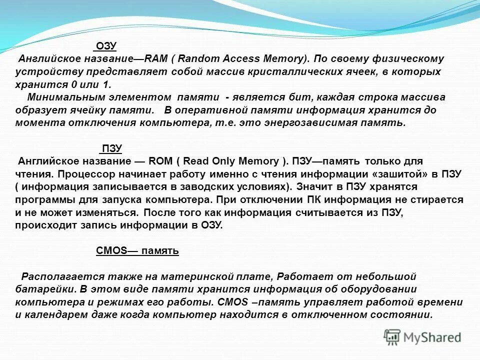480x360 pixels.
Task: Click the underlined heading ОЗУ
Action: (105, 46)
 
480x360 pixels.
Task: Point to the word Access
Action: (237, 59)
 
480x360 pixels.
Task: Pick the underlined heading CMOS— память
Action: (137, 251)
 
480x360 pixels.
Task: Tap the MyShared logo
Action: (422, 336)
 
